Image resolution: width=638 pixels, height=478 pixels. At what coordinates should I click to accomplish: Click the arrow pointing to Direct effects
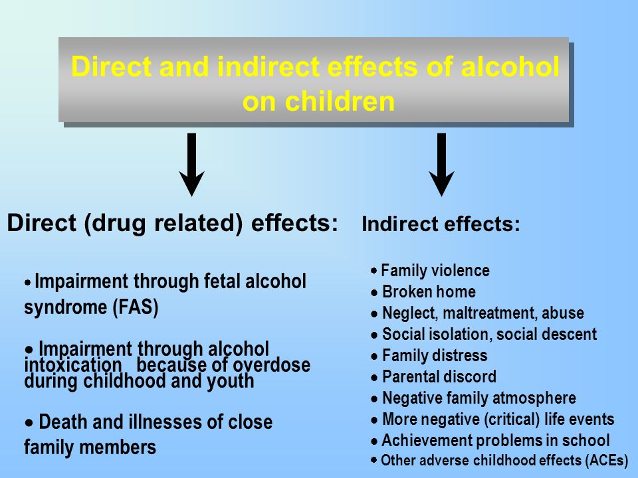click(191, 165)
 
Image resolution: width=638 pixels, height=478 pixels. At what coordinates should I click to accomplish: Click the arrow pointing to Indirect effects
click(441, 165)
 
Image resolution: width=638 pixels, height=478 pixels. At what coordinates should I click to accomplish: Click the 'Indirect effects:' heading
click(441, 224)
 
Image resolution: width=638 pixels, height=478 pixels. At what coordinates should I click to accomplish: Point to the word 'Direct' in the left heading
click(42, 223)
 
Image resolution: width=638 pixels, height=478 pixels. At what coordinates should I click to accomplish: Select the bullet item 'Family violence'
click(431, 270)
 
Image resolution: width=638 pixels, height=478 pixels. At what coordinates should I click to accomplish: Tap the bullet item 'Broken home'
click(423, 291)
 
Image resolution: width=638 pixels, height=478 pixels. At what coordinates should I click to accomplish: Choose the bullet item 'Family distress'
click(429, 355)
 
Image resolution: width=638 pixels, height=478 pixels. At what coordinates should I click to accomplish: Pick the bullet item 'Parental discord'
click(434, 376)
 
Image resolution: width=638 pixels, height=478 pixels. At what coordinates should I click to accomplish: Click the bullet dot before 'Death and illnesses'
click(29, 423)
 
